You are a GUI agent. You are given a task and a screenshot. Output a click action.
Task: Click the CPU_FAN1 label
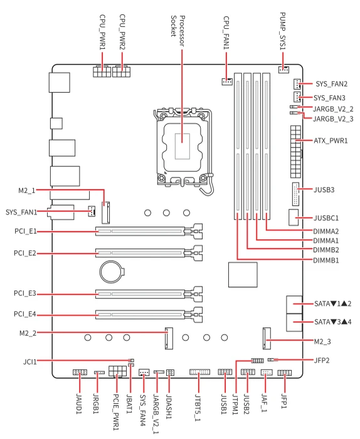[226, 33]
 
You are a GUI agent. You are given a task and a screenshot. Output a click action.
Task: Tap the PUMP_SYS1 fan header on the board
[283, 70]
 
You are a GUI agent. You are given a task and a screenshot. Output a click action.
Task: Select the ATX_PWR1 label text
[331, 140]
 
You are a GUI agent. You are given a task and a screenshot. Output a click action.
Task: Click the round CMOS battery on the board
[112, 272]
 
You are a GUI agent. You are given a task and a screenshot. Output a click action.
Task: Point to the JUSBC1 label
[326, 218]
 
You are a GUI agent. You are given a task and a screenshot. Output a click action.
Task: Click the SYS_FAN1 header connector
[92, 211]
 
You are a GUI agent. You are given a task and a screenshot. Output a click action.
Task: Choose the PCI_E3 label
[25, 293]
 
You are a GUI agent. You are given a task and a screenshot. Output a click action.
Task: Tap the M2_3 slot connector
[267, 338]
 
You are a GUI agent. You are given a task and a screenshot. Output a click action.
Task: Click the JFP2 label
[322, 360]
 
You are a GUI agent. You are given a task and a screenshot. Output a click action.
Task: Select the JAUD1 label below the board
[80, 404]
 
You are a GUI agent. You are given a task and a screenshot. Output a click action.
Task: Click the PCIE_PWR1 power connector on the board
[117, 371]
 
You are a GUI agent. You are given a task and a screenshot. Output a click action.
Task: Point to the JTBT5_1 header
[199, 372]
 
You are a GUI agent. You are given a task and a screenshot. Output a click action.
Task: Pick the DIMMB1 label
[326, 260]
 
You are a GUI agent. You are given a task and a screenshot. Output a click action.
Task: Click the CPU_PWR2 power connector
[122, 71]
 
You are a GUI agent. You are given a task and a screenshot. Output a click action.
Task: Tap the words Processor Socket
[177, 31]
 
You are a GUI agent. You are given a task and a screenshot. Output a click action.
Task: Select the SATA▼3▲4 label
[332, 322]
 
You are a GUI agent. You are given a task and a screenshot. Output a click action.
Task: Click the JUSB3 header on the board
[295, 194]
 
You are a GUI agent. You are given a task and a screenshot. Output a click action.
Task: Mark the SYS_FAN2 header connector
[297, 83]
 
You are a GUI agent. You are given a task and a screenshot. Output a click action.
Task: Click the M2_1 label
[27, 191]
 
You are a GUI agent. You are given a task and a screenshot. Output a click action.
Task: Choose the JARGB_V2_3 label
[333, 119]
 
